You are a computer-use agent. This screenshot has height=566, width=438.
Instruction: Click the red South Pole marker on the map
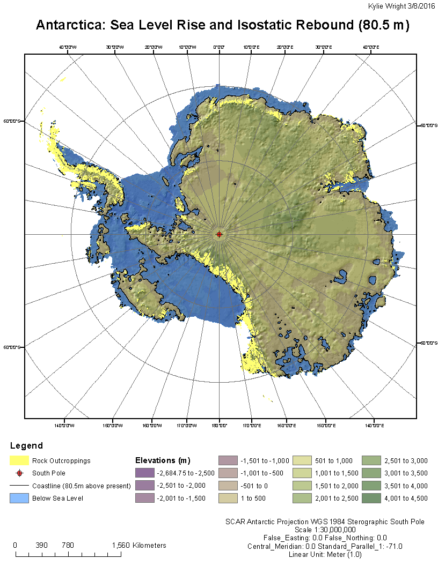tap(219, 234)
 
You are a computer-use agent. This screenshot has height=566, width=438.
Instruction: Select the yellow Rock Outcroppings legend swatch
tap(19, 460)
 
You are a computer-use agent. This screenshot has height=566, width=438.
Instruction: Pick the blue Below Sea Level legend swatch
tap(19, 498)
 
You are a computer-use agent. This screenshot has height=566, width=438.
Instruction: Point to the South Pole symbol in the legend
tap(19, 473)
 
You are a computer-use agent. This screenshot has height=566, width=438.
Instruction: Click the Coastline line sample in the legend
tap(19, 486)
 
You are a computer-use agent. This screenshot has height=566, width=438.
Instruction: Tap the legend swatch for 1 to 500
tap(228, 498)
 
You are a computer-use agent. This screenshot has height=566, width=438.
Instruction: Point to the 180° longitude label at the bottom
tap(220, 426)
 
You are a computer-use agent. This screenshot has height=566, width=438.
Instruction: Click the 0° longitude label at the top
tap(219, 48)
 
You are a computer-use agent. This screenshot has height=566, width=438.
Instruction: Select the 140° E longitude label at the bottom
tap(374, 426)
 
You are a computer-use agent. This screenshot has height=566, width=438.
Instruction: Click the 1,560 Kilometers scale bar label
tap(139, 545)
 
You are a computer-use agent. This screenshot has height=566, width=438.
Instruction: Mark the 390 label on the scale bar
tap(41, 545)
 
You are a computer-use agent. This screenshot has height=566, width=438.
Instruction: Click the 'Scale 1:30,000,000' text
tap(325, 529)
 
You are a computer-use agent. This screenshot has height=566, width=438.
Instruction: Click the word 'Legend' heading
tap(26, 446)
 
